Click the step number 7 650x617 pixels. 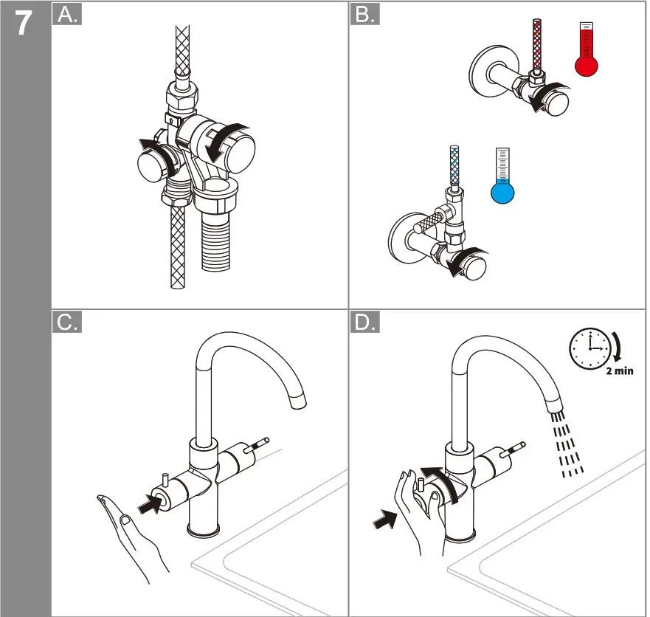[24, 23]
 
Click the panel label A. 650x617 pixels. [67, 15]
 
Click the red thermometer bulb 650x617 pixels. [587, 66]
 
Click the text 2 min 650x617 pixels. [620, 371]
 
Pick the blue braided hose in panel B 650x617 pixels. [455, 165]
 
